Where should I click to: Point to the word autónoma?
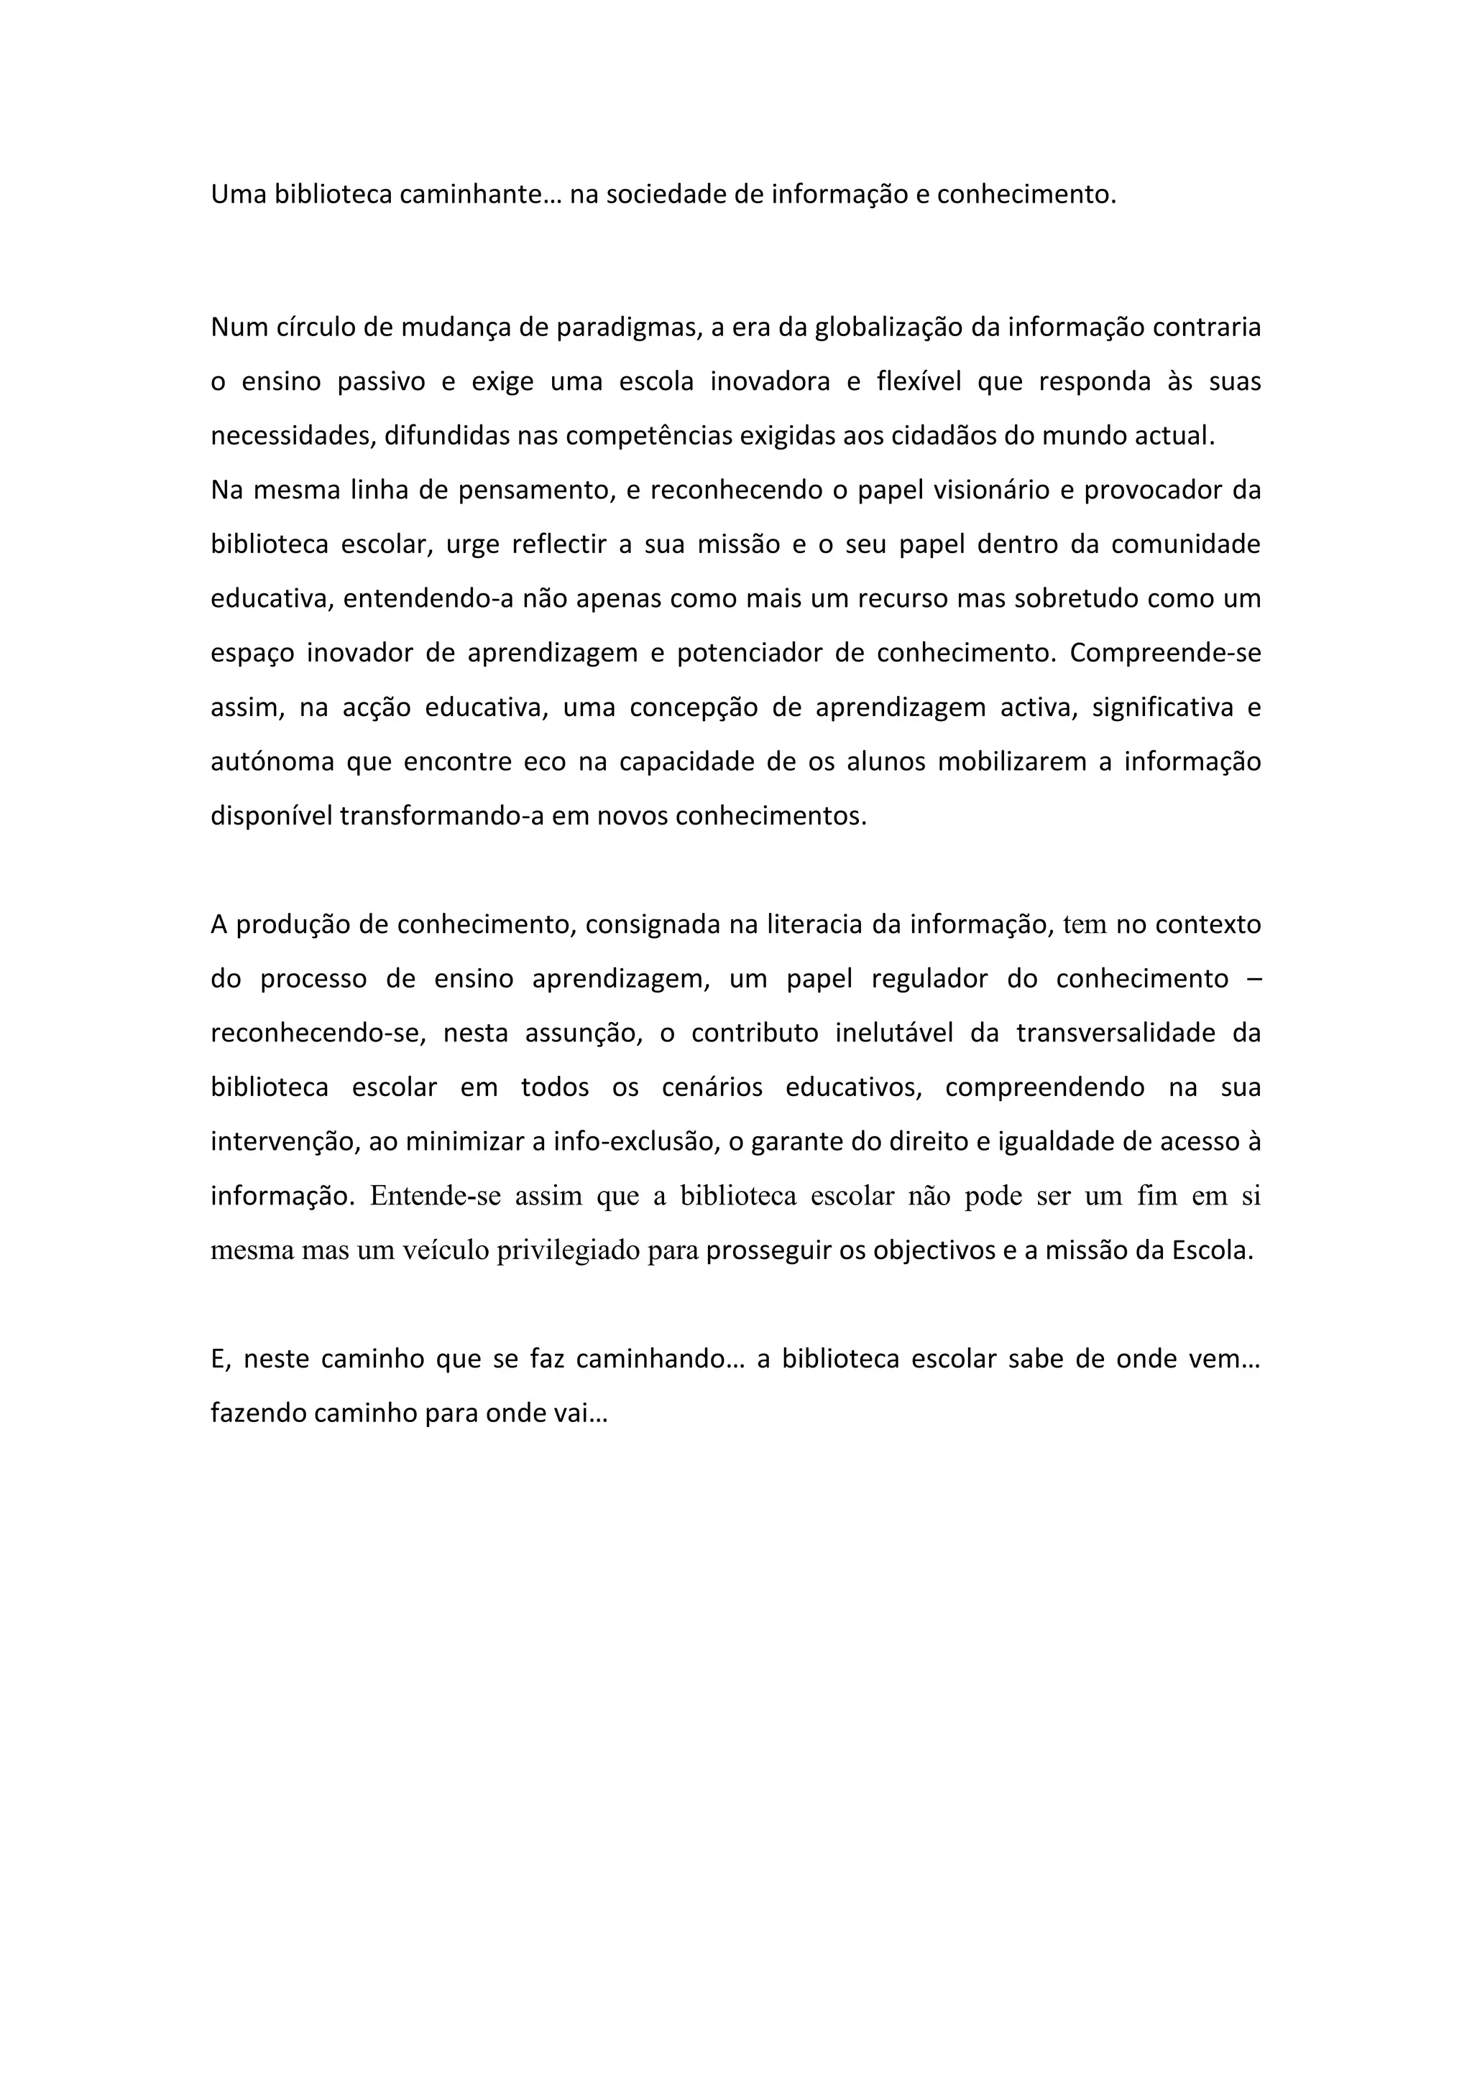(272, 762)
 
